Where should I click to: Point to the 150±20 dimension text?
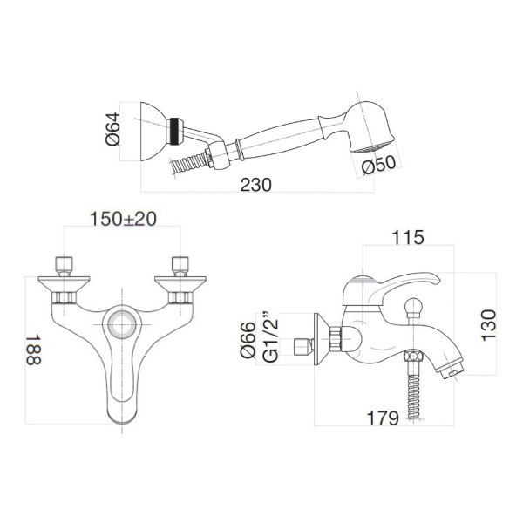pyautogui.click(x=124, y=220)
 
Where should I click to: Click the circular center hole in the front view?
pyautogui.click(x=123, y=327)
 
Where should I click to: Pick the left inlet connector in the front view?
pyautogui.click(x=63, y=264)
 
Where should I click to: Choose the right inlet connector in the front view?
pyautogui.click(x=182, y=264)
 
